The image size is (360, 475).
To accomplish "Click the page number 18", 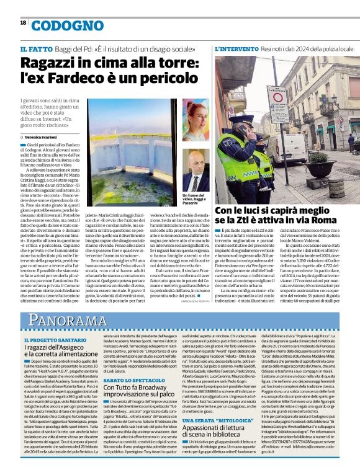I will [x=22, y=22].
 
